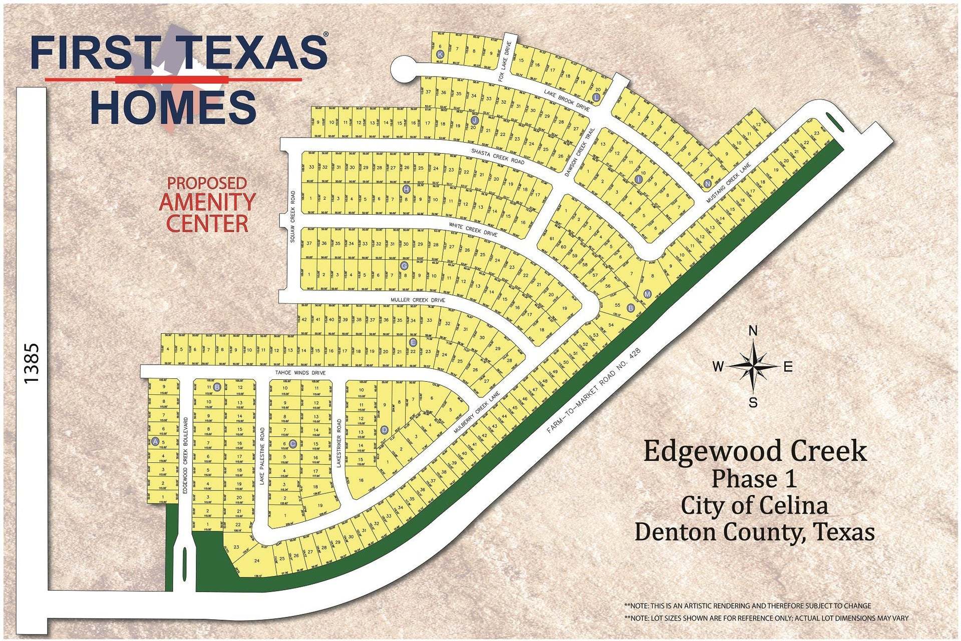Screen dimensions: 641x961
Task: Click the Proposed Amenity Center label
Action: point(207,205)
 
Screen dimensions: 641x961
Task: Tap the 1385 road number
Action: point(31,363)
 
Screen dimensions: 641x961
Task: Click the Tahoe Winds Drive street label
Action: point(300,373)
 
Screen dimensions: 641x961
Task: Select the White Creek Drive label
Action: point(473,230)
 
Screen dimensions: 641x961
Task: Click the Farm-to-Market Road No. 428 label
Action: point(594,390)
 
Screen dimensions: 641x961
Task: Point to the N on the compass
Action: point(752,331)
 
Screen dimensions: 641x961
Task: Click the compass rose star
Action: point(753,366)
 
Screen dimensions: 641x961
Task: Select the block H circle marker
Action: point(406,189)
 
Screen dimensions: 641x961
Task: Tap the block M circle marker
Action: point(648,294)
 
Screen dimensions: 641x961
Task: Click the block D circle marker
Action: point(385,429)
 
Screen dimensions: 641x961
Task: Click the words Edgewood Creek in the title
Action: point(754,451)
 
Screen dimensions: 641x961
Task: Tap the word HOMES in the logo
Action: point(173,107)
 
